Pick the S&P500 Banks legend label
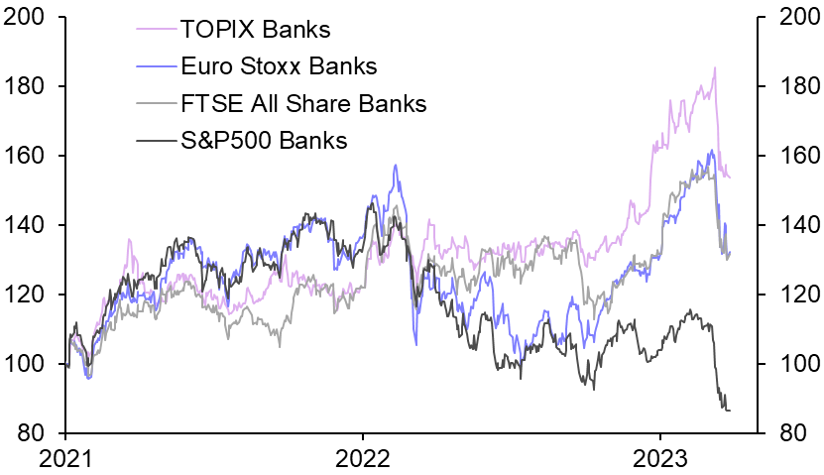click(x=264, y=140)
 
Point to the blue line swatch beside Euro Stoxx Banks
click(x=155, y=67)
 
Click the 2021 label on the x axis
click(x=65, y=459)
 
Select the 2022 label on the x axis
click(x=362, y=459)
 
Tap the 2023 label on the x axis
click(x=659, y=459)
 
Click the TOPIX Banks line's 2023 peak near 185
click(x=715, y=67)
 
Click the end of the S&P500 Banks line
click(x=730, y=411)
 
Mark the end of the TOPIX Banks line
click(x=730, y=177)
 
